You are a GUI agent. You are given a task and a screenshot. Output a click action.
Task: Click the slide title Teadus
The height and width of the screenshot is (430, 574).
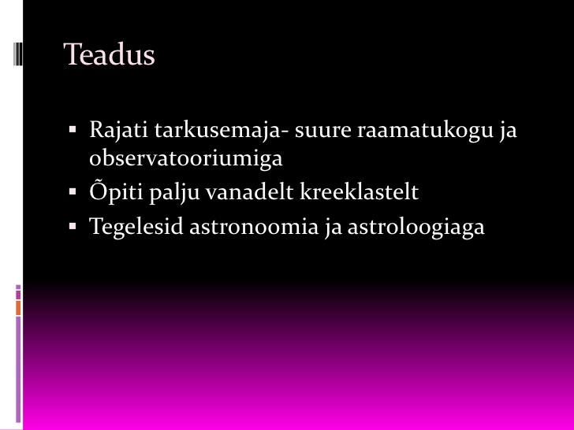[x=109, y=54]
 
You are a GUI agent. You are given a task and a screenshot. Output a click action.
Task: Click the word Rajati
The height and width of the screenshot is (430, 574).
[x=118, y=130]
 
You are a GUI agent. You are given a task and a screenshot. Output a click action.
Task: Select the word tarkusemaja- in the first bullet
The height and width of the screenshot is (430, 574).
[x=222, y=131]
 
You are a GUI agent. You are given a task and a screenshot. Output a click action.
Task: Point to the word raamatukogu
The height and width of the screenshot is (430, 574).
[x=426, y=131]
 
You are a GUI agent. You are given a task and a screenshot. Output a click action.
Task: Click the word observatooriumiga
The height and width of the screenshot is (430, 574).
[x=186, y=159]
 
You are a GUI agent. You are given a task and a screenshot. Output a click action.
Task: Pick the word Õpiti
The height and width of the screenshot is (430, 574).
[x=116, y=191]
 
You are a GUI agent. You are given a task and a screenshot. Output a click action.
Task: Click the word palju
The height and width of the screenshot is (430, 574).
[x=174, y=191]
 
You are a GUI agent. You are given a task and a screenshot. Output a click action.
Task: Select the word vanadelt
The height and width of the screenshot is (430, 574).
[x=250, y=191]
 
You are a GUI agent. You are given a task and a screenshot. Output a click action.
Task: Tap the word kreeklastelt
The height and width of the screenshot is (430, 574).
[x=359, y=191]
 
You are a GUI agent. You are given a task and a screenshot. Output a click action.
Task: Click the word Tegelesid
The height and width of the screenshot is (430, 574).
[x=136, y=226]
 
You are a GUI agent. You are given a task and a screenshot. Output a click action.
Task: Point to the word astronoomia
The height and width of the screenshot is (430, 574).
[x=254, y=227]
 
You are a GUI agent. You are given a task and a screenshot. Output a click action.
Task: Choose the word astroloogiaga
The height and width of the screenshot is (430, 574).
[x=416, y=227]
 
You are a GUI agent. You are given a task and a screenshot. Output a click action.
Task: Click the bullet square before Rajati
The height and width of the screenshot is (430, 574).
[x=73, y=129]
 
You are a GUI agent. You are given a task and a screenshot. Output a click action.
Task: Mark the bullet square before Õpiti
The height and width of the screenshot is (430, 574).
[x=73, y=191]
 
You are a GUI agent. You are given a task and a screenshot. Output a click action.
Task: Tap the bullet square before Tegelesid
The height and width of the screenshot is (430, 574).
[x=73, y=226]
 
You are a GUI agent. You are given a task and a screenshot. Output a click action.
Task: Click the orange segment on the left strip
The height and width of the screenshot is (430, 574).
[x=18, y=308]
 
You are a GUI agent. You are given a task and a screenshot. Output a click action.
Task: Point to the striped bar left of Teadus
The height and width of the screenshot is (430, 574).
[x=17, y=54]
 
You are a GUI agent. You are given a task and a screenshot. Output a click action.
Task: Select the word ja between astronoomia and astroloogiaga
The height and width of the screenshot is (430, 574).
[x=333, y=227]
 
